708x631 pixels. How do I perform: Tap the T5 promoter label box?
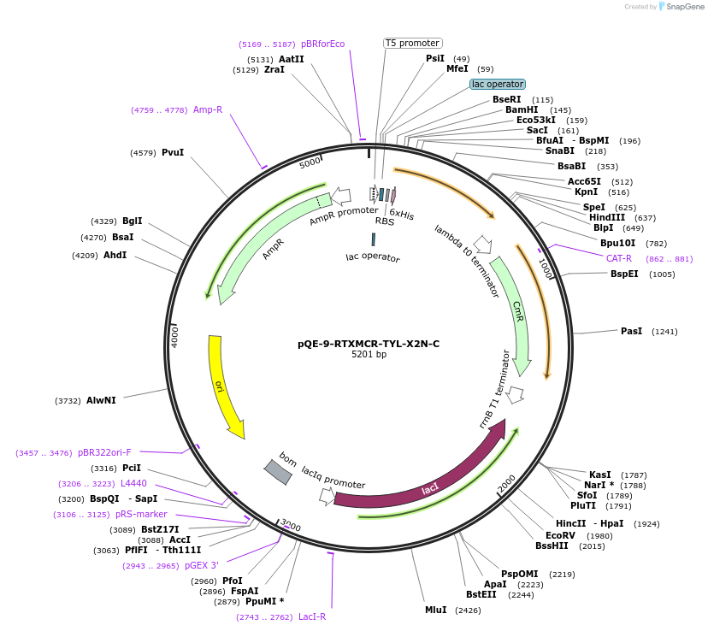[412, 43]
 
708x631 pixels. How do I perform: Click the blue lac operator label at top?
[498, 84]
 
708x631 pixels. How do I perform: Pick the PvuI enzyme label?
[173, 152]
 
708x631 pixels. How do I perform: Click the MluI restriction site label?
[435, 610]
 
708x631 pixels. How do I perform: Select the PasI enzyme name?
[631, 330]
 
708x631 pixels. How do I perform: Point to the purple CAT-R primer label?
[619, 258]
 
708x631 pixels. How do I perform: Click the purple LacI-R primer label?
[312, 616]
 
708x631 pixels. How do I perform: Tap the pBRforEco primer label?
[322, 44]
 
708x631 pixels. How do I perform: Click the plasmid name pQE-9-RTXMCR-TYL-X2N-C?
[369, 344]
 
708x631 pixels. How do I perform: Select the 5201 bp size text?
[369, 355]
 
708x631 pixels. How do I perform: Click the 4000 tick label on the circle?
[175, 335]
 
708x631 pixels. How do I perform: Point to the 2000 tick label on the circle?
[506, 483]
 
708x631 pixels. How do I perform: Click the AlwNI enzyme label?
[101, 400]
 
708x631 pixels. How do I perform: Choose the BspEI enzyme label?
[624, 274]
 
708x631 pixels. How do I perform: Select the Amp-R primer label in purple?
[208, 109]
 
